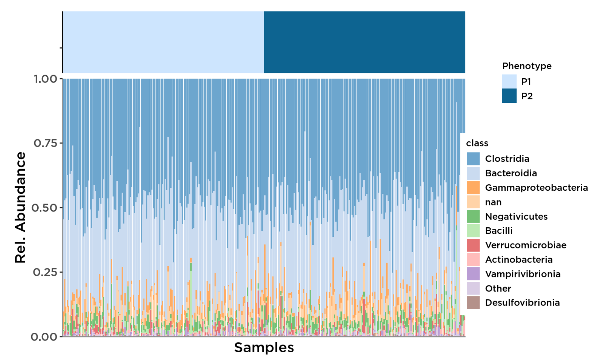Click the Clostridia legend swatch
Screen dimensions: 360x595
[473, 159]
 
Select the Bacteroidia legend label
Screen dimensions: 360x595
[511, 173]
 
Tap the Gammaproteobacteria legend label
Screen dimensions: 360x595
[536, 188]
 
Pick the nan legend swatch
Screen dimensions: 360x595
[473, 202]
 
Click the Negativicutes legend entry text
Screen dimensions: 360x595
[516, 217]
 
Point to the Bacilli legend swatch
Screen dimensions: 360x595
[473, 231]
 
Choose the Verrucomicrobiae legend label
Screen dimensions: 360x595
[525, 245]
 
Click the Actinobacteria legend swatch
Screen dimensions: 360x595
[473, 260]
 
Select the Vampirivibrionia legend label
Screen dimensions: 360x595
[522, 274]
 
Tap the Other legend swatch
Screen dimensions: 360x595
[473, 288]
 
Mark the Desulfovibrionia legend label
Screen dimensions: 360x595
[522, 303]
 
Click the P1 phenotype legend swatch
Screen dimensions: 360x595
[509, 81]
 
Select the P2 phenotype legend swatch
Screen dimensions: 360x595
[509, 96]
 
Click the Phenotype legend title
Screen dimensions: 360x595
[527, 66]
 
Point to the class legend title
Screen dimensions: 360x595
[477, 143]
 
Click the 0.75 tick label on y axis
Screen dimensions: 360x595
[46, 143]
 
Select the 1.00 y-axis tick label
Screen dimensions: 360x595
[46, 79]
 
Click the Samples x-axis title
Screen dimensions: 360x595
[264, 348]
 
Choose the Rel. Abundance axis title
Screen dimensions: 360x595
[20, 207]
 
